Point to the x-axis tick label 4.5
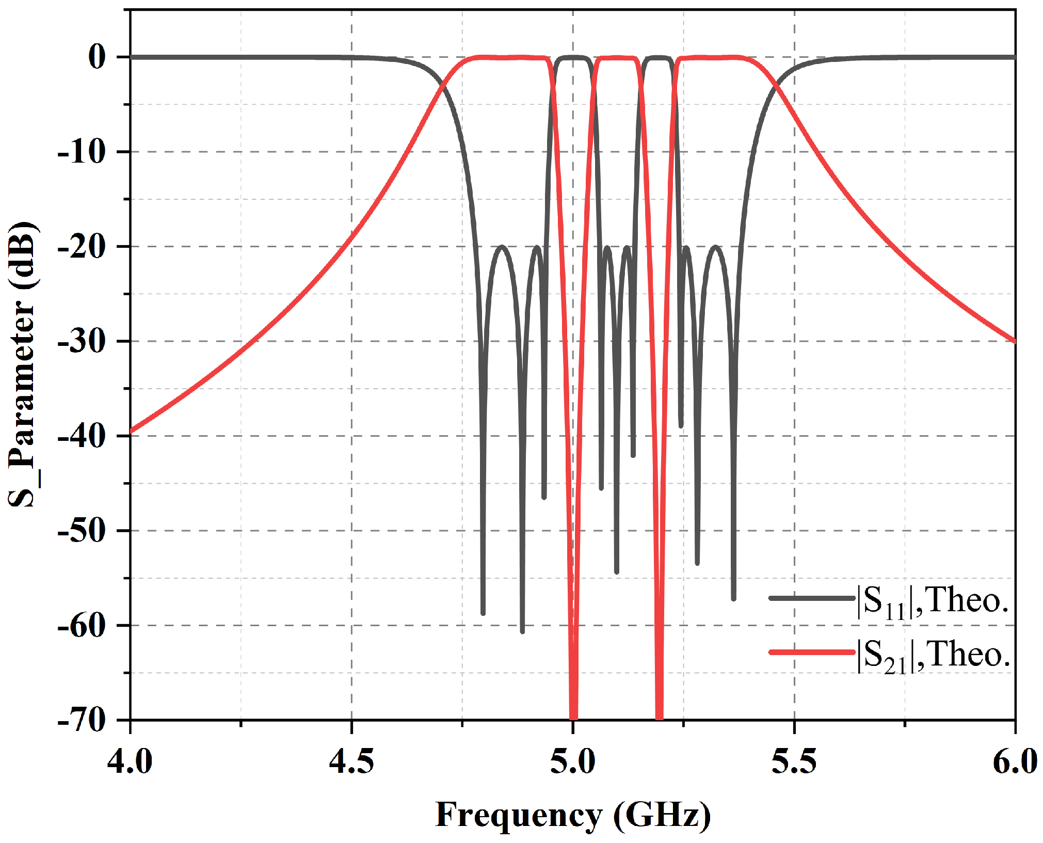pos(351,762)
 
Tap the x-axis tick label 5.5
pos(794,762)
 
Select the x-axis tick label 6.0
pos(1015,762)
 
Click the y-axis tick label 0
pos(97,57)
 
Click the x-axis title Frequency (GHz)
pos(573,816)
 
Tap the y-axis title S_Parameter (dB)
pos(23,364)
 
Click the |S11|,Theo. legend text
pos(932,601)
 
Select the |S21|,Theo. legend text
pos(932,655)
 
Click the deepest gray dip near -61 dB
pos(522,631)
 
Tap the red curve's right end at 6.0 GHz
pos(1014,341)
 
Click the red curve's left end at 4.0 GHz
pos(132,431)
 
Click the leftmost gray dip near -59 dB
pos(483,613)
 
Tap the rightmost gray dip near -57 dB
pos(733,598)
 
